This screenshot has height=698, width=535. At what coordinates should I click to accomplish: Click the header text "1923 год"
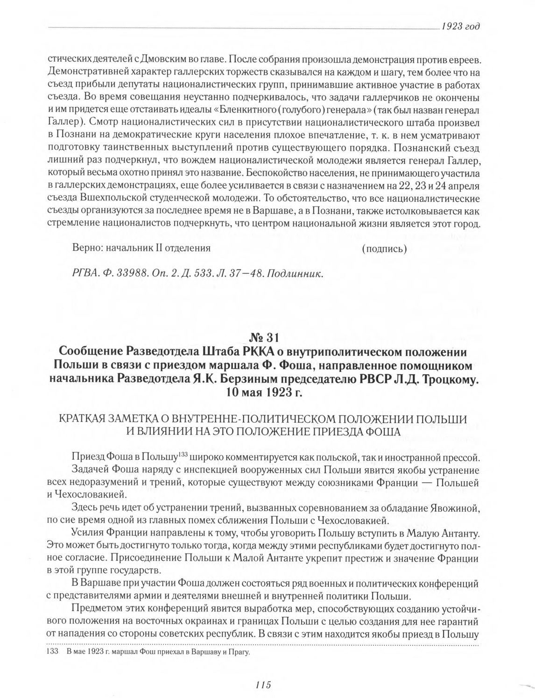click(460, 26)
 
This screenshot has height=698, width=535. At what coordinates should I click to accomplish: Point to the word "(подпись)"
click(384, 249)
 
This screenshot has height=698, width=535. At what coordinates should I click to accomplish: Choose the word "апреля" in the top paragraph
click(465, 186)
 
